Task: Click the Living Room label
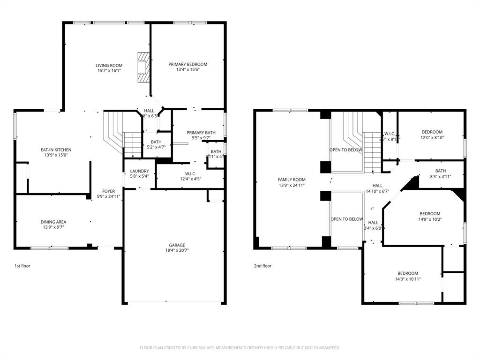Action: [x=109, y=65]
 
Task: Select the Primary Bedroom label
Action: [x=187, y=64]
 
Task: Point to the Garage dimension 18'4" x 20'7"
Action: [x=177, y=250]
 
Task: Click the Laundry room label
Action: [x=140, y=171]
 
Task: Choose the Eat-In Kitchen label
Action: [x=56, y=150]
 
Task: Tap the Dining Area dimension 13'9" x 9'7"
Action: [x=53, y=228]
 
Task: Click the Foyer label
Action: [x=109, y=191]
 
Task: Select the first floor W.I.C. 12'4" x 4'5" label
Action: [x=190, y=173]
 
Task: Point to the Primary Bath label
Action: [x=201, y=133]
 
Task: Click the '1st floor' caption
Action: [x=22, y=266]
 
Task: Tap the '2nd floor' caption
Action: [x=262, y=266]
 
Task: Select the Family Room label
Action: [x=291, y=180]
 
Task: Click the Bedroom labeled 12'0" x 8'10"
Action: [x=431, y=132]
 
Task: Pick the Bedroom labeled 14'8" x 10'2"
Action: [x=430, y=213]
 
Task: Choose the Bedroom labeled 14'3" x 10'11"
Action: [x=408, y=273]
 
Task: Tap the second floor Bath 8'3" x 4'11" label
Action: [x=440, y=171]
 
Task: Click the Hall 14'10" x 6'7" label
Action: [x=377, y=186]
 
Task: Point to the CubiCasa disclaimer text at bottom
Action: [x=240, y=348]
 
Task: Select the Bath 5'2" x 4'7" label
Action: [x=156, y=142]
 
